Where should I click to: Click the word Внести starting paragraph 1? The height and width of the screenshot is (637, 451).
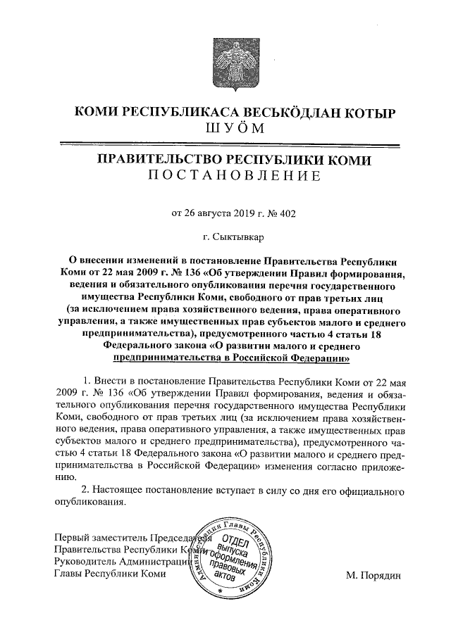[x=111, y=381]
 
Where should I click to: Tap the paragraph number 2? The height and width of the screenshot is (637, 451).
[x=86, y=489]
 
